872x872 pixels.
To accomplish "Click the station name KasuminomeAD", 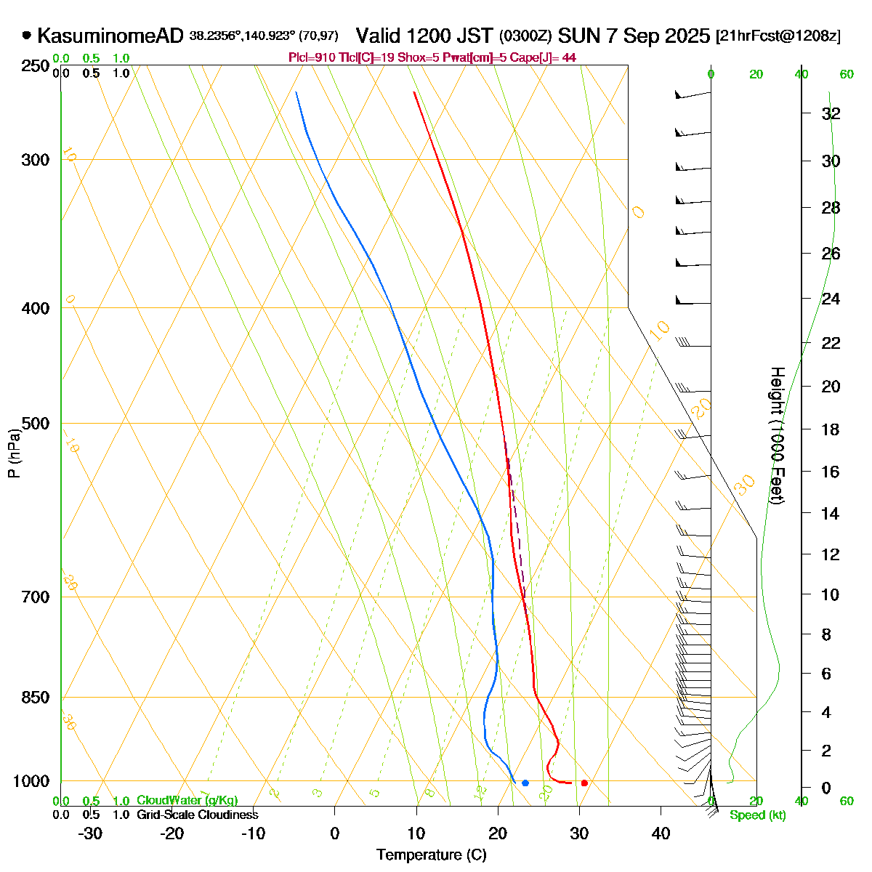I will point(110,36).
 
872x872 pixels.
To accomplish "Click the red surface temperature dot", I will point(584,783).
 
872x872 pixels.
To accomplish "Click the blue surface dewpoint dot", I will point(525,783).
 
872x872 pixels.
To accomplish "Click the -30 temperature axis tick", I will point(90,833).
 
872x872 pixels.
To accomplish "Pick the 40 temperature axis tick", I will point(661,833).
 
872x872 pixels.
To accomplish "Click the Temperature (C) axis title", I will point(431,855).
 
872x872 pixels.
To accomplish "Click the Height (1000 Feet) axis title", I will point(777,436).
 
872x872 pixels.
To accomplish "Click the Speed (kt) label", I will point(758,815).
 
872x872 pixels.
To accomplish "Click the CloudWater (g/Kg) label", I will point(187,801).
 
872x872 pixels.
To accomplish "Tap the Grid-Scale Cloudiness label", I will point(197,815).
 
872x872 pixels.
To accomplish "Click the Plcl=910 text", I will point(312,57).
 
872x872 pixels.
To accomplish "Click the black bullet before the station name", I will point(27,34).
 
